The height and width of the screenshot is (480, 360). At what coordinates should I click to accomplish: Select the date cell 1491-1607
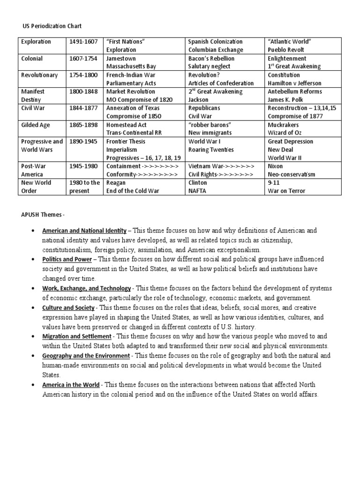tap(83, 42)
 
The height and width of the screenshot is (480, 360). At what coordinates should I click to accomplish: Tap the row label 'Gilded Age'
tap(35, 125)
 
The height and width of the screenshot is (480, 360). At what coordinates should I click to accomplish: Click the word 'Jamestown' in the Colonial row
tap(121, 59)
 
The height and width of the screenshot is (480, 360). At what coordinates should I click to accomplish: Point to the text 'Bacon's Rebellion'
tap(211, 59)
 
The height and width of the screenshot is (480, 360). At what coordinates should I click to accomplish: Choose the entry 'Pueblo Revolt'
tap(286, 50)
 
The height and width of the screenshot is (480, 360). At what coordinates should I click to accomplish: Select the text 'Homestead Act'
tap(126, 125)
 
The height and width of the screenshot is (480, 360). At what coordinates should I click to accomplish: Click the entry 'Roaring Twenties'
tap(211, 150)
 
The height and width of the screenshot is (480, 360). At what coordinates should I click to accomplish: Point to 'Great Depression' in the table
tap(291, 141)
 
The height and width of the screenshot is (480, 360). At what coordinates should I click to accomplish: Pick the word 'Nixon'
tap(276, 166)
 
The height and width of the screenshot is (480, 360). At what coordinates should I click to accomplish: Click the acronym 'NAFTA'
tap(199, 191)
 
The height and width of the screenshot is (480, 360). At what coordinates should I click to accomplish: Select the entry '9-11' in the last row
tap(273, 182)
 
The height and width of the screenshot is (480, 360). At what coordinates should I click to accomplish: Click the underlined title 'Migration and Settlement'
tap(77, 337)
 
